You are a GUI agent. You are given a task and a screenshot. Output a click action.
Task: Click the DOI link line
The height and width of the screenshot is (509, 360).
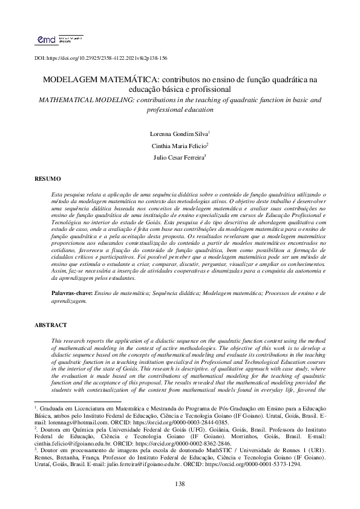pyautogui.click(x=100, y=58)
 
